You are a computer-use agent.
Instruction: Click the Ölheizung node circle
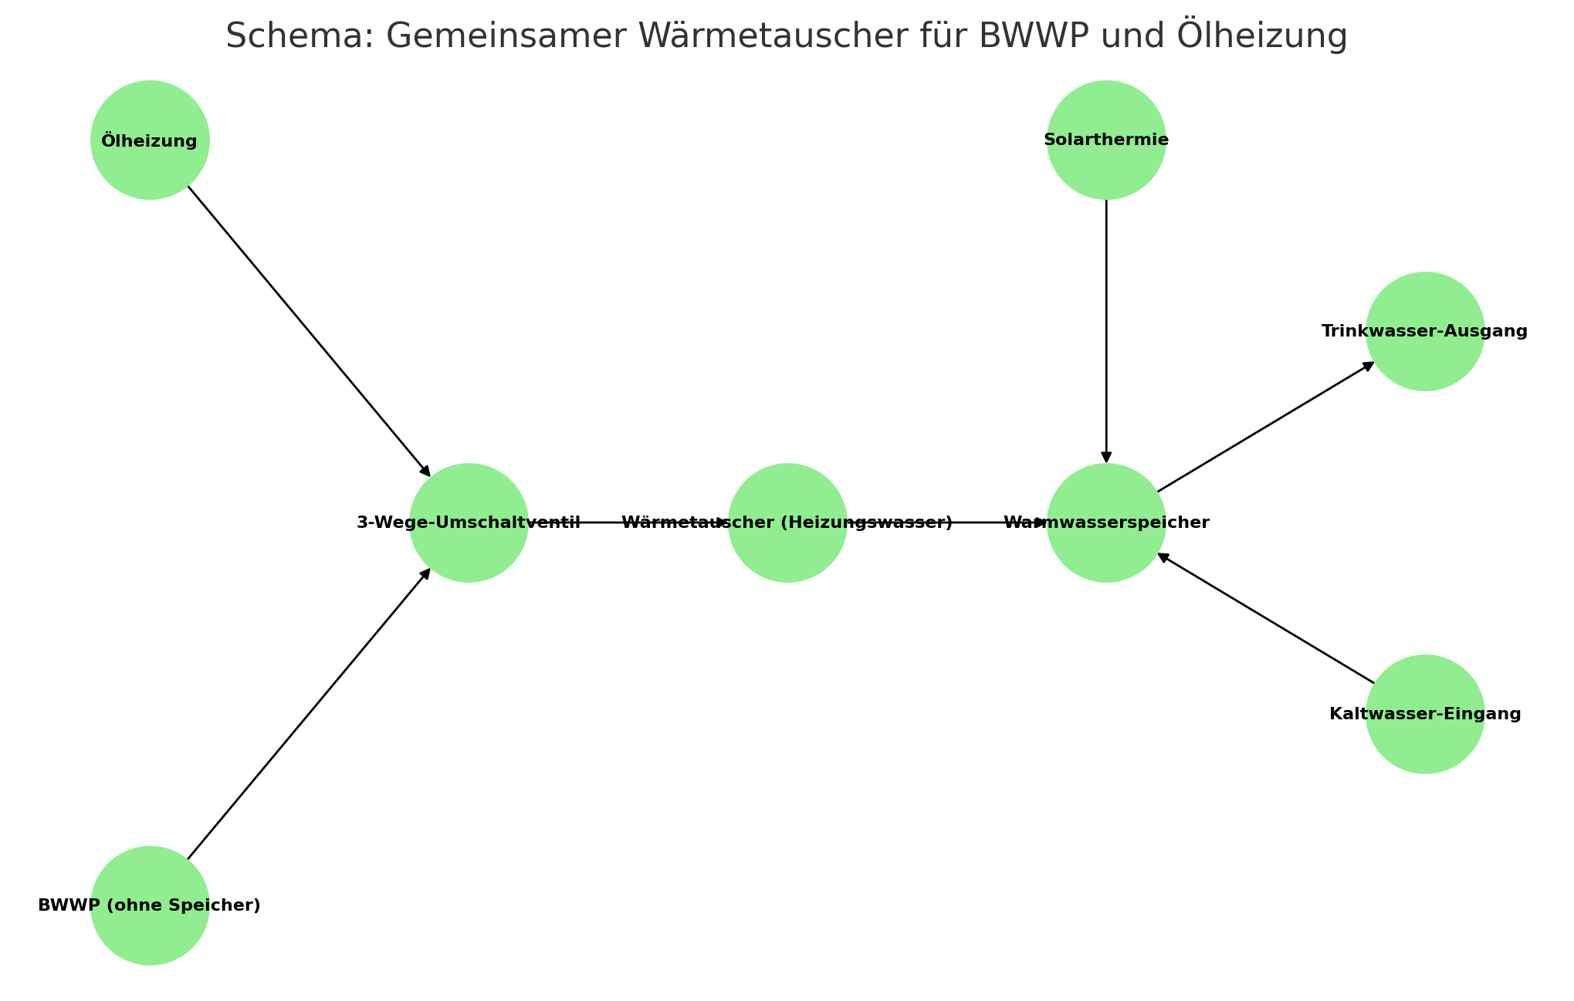(150, 140)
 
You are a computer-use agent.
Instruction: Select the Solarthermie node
(1106, 140)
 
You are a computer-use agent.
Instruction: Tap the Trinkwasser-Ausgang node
(1425, 331)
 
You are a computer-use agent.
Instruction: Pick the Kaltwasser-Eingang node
(1425, 714)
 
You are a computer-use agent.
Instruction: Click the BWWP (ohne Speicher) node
(150, 905)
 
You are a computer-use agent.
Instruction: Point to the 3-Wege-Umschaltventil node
(469, 522)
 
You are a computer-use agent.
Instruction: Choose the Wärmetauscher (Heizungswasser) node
(787, 522)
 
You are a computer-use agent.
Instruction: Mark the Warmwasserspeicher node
(1106, 522)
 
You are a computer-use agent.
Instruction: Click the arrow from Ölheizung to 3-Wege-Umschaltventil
(309, 331)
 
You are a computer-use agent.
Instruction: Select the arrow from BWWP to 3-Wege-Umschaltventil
(309, 714)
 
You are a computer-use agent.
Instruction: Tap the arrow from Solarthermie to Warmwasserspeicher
(1106, 331)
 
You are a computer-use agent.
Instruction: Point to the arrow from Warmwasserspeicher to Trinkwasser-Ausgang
(1266, 427)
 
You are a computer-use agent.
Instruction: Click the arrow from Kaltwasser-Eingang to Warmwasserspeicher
(1266, 618)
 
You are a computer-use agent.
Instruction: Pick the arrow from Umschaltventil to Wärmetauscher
(628, 522)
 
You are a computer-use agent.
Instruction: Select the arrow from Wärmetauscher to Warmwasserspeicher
(947, 522)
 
